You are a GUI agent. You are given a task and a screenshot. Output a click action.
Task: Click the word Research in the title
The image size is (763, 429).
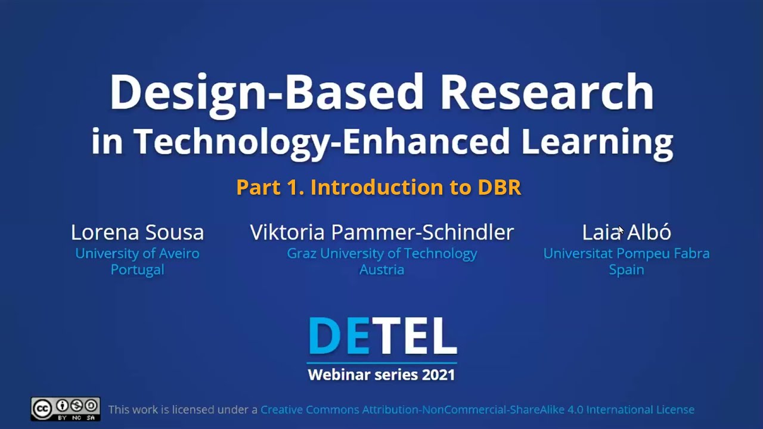[x=547, y=92]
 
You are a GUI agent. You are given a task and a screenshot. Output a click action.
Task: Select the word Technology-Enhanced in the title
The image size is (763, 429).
[x=321, y=142]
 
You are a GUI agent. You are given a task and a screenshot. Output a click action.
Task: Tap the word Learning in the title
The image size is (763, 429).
[x=597, y=142]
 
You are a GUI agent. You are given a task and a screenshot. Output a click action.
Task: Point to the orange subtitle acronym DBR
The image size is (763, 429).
[x=500, y=188]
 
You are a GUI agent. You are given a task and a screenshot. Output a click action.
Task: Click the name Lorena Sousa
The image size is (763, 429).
[x=137, y=232]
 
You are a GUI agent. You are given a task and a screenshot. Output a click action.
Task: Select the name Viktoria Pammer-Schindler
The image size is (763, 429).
[x=381, y=232]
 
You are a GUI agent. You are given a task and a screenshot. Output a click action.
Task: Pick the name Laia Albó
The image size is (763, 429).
[x=626, y=232]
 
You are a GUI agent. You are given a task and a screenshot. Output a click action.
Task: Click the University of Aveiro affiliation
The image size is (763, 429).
[x=137, y=253]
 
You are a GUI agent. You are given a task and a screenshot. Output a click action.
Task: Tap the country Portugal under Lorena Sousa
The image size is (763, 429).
[x=137, y=269]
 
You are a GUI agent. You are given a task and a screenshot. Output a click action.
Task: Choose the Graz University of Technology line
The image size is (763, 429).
[x=381, y=253]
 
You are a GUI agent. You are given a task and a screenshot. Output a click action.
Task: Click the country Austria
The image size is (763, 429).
[x=381, y=269]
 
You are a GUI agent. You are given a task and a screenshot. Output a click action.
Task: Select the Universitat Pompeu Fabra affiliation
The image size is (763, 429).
[x=626, y=253]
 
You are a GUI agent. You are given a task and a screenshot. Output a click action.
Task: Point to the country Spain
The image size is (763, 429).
[x=626, y=269]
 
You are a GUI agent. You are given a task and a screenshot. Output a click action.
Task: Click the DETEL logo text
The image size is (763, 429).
[x=382, y=336]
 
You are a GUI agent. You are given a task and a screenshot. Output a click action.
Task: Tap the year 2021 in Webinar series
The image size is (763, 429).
[x=438, y=375]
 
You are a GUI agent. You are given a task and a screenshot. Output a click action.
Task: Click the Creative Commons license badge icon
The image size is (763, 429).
[x=66, y=409]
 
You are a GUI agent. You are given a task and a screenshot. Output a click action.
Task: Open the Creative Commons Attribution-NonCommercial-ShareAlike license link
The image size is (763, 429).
[x=477, y=410]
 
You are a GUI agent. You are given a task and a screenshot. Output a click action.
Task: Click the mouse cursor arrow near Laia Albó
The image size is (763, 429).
[x=621, y=230]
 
